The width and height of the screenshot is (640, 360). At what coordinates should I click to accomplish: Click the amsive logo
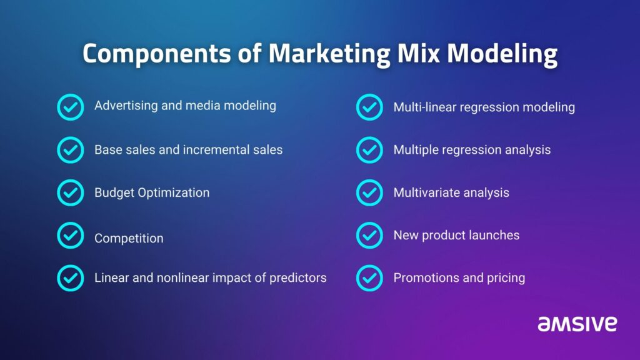click(x=577, y=324)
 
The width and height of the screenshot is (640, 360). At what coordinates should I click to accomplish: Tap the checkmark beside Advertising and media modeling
click(x=70, y=107)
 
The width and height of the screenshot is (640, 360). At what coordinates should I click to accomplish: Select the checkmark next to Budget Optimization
click(x=70, y=192)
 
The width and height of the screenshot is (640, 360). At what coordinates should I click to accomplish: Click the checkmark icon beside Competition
click(x=70, y=236)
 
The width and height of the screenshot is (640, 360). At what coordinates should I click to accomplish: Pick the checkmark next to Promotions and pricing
click(x=369, y=278)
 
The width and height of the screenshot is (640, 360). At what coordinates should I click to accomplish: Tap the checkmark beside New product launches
click(x=369, y=236)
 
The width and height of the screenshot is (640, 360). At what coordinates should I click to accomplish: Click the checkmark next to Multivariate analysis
click(x=369, y=192)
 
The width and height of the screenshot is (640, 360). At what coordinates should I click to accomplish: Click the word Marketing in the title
click(x=329, y=54)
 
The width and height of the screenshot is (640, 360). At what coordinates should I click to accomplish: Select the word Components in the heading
click(x=157, y=54)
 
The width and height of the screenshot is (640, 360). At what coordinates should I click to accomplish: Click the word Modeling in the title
click(x=502, y=54)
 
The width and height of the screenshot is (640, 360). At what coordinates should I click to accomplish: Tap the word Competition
click(x=129, y=238)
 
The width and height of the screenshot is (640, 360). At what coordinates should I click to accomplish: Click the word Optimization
click(x=174, y=192)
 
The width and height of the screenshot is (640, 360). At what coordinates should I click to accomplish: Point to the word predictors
click(x=298, y=278)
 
